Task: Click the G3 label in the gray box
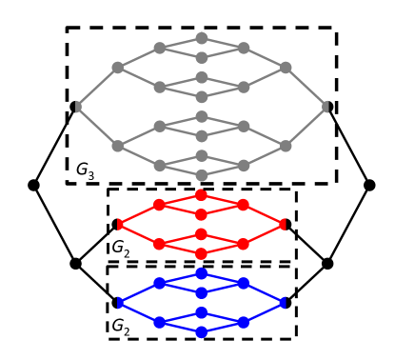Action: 86,170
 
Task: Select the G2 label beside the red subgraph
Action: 121,249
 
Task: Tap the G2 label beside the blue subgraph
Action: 121,327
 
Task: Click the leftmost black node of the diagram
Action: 34,185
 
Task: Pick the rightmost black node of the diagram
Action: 369,185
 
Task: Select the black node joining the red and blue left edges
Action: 76,263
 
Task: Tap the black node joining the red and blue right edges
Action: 327,263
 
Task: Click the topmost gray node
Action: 202,38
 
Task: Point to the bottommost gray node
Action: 202,175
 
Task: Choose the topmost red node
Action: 201,195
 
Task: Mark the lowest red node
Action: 201,253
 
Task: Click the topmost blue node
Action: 202,273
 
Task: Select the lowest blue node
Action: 202,331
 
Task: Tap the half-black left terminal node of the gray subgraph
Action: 76,107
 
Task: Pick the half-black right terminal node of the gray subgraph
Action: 327,107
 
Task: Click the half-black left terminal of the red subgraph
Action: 118,224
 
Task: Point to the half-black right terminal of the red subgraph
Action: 286,224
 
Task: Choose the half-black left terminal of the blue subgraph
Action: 118,302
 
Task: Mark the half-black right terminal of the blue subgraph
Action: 286,302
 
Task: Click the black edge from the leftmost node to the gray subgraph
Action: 55,146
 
